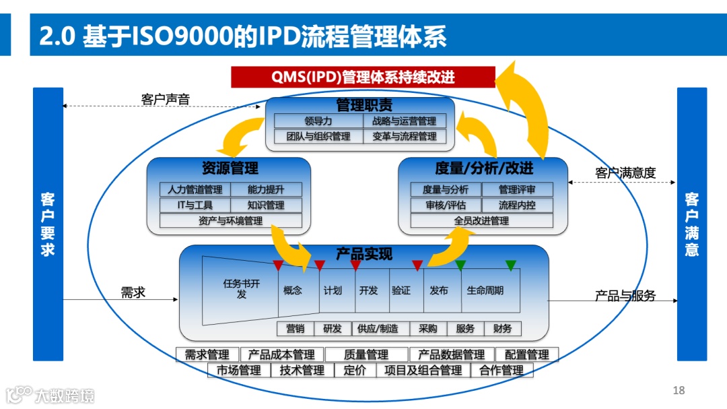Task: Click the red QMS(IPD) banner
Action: point(363,77)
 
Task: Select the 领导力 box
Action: point(318,121)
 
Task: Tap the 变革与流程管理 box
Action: point(404,136)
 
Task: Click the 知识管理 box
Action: point(266,205)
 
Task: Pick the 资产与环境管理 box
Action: point(230,220)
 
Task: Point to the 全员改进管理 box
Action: point(481,220)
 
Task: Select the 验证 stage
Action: point(401,290)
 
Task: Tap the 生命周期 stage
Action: point(485,290)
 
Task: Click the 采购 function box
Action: point(427,329)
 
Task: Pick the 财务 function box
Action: point(502,329)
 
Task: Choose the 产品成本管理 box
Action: point(281,354)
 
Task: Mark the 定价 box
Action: point(355,370)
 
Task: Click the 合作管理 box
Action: point(501,370)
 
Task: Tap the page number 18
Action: point(678,390)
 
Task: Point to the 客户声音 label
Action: point(166,100)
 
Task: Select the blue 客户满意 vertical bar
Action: point(691,224)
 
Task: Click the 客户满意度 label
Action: point(625,173)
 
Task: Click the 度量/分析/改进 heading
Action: point(483,168)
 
